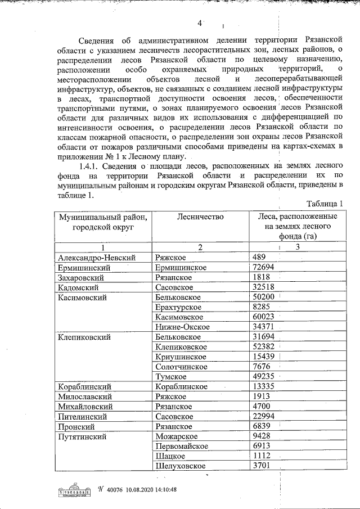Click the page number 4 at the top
199,23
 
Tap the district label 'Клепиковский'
84,337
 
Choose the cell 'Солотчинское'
182,367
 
